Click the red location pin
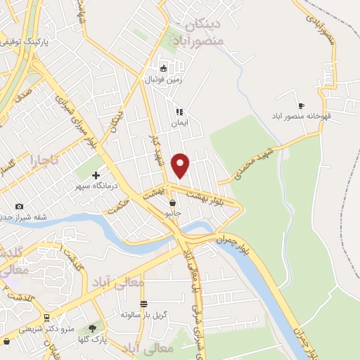click(181, 165)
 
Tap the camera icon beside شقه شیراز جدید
click(19, 206)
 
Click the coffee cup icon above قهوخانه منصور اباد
click(302, 105)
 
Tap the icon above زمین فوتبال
click(163, 69)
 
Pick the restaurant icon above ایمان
click(179, 111)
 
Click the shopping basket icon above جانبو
click(172, 202)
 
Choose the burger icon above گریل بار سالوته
click(143, 304)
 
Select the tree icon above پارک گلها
click(92, 328)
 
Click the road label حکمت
click(120, 206)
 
